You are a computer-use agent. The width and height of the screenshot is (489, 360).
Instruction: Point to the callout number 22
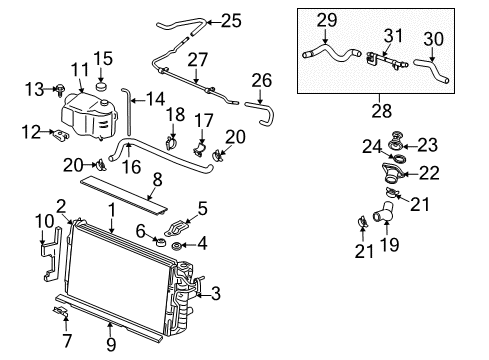(x=428, y=173)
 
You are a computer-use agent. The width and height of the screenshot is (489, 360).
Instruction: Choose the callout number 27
(x=197, y=59)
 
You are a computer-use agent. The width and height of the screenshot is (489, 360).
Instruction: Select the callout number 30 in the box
(x=434, y=38)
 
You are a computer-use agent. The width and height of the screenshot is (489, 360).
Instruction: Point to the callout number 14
(x=154, y=99)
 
